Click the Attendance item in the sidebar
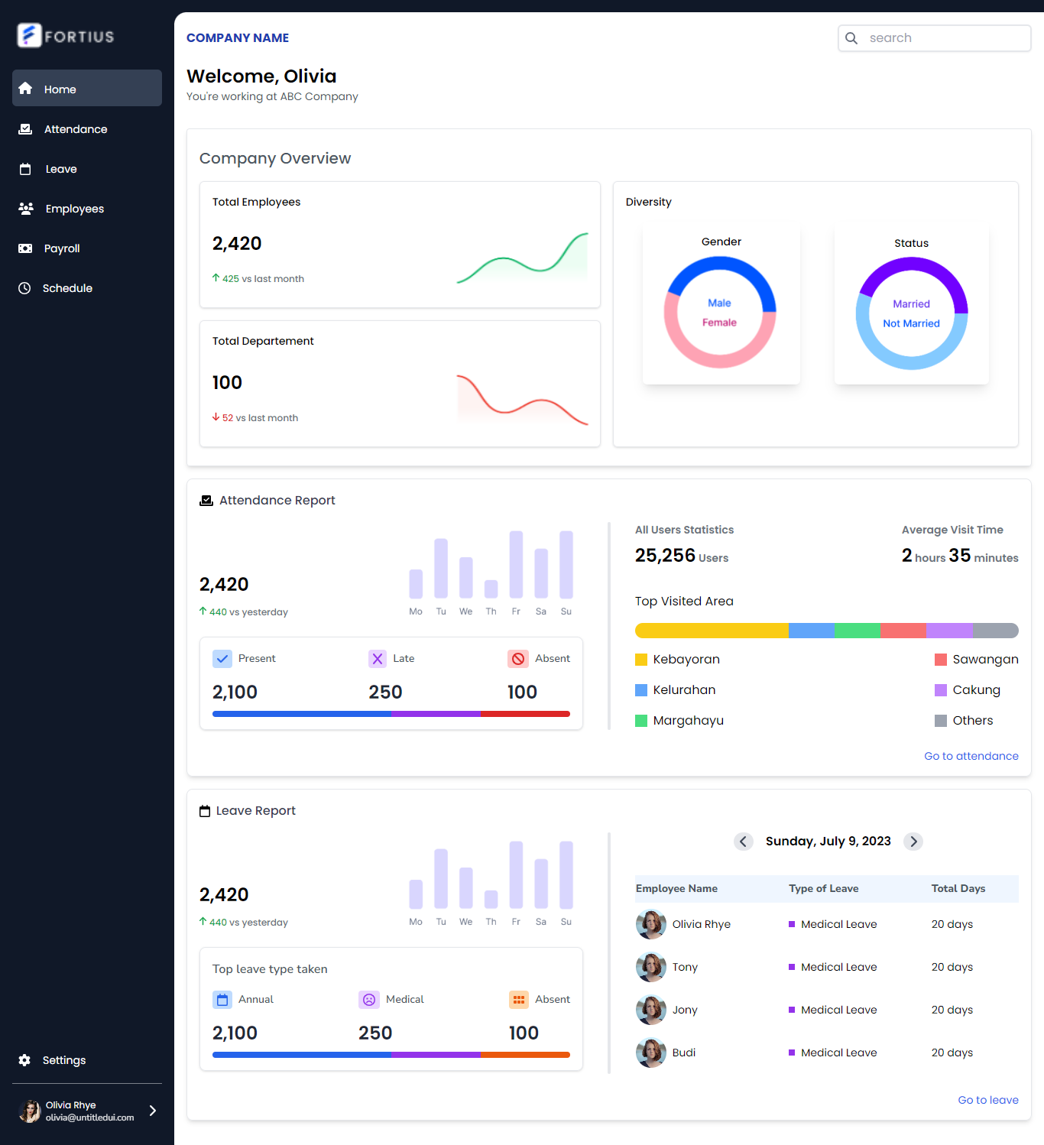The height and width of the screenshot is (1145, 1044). click(x=75, y=129)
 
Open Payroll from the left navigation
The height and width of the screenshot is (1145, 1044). click(x=61, y=248)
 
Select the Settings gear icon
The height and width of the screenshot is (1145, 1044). click(x=24, y=1060)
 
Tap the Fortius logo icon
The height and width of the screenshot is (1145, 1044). click(x=29, y=35)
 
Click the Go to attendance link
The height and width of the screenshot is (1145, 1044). click(x=971, y=756)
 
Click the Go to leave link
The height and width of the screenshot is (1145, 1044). click(x=987, y=1100)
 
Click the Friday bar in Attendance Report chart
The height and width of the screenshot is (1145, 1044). click(x=516, y=564)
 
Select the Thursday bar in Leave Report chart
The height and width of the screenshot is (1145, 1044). click(x=491, y=899)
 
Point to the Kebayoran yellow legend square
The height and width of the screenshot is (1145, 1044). click(x=641, y=660)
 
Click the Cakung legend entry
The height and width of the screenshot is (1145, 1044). click(x=975, y=690)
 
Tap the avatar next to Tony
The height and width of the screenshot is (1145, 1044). click(x=650, y=967)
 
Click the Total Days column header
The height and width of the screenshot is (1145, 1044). click(x=958, y=888)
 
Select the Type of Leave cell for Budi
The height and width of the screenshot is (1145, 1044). click(x=838, y=1053)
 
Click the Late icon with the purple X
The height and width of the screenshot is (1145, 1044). click(x=378, y=659)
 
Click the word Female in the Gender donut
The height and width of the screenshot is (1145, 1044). click(x=719, y=323)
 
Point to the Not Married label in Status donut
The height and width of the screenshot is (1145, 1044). click(x=911, y=323)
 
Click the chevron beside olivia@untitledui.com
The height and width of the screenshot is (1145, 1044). click(x=153, y=1111)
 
